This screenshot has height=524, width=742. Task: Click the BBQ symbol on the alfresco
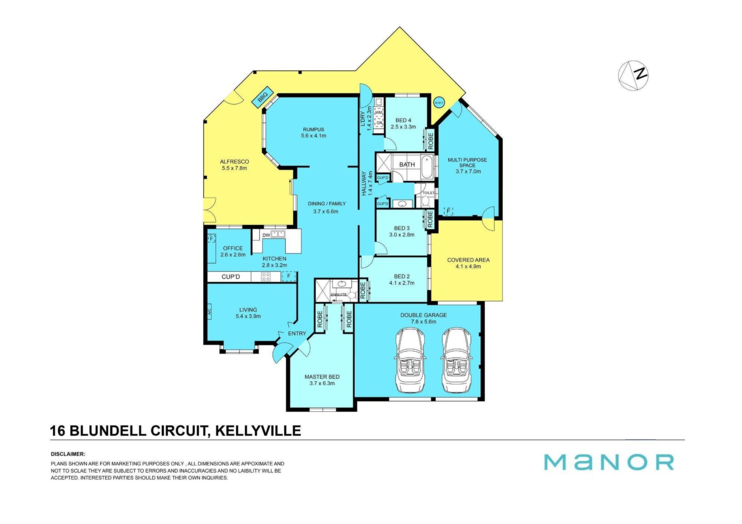263,97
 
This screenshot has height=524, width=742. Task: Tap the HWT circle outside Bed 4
439,102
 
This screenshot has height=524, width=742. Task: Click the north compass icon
633,75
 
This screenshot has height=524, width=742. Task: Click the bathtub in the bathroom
427,167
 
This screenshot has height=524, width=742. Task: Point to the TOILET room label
429,193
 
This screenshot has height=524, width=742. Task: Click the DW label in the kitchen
266,235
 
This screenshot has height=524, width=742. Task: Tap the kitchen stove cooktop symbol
265,276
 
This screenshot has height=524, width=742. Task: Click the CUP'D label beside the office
231,277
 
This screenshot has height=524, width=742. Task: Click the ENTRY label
297,334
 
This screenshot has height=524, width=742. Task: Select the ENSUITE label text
339,295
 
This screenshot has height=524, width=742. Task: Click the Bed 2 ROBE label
363,290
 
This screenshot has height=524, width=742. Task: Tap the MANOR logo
609,462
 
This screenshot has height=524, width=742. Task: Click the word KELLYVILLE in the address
258,431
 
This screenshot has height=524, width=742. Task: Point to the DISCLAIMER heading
68,454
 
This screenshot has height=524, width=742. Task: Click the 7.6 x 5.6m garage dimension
424,322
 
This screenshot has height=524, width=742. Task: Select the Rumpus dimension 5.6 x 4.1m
313,136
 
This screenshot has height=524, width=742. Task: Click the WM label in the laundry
379,112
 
